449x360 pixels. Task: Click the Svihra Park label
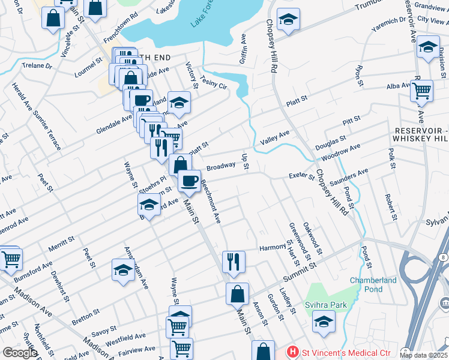click(x=327, y=305)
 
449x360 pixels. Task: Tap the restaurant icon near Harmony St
click(x=233, y=262)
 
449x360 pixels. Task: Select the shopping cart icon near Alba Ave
click(x=422, y=91)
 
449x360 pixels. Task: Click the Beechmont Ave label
click(x=210, y=201)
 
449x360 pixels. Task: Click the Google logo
click(x=19, y=352)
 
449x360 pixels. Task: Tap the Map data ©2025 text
click(x=423, y=355)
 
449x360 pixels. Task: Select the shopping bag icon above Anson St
click(x=237, y=294)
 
